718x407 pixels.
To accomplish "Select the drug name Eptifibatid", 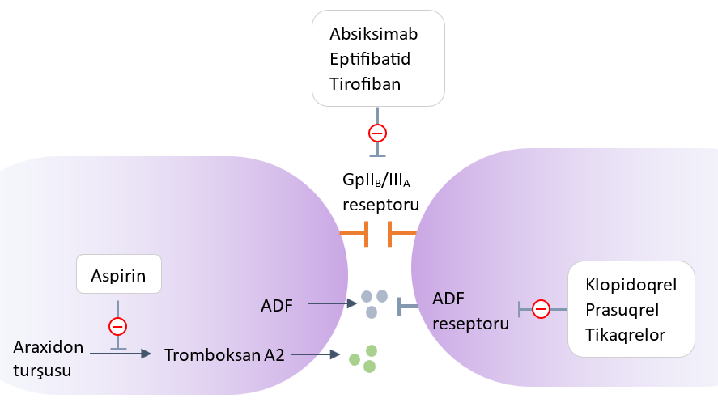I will click(371, 59).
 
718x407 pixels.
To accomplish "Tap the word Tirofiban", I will click(365, 83).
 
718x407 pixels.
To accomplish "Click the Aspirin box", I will click(119, 275).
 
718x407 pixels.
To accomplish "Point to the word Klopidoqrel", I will click(630, 285).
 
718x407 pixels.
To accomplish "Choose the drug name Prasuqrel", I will click(622, 309).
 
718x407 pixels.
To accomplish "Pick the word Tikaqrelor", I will click(625, 334).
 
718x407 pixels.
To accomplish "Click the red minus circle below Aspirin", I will click(118, 326).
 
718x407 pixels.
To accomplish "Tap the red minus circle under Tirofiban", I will click(377, 133).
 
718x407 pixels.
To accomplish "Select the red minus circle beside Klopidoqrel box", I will click(541, 308).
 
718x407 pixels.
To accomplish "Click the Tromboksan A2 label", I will click(224, 354).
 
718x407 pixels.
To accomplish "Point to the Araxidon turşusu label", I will click(49, 358).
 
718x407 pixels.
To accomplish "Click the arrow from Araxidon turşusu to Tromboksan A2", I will click(121, 354).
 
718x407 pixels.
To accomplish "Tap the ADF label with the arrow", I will click(277, 305).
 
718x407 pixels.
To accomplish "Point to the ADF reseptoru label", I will click(471, 312).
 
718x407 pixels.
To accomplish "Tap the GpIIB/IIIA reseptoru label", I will click(380, 192).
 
